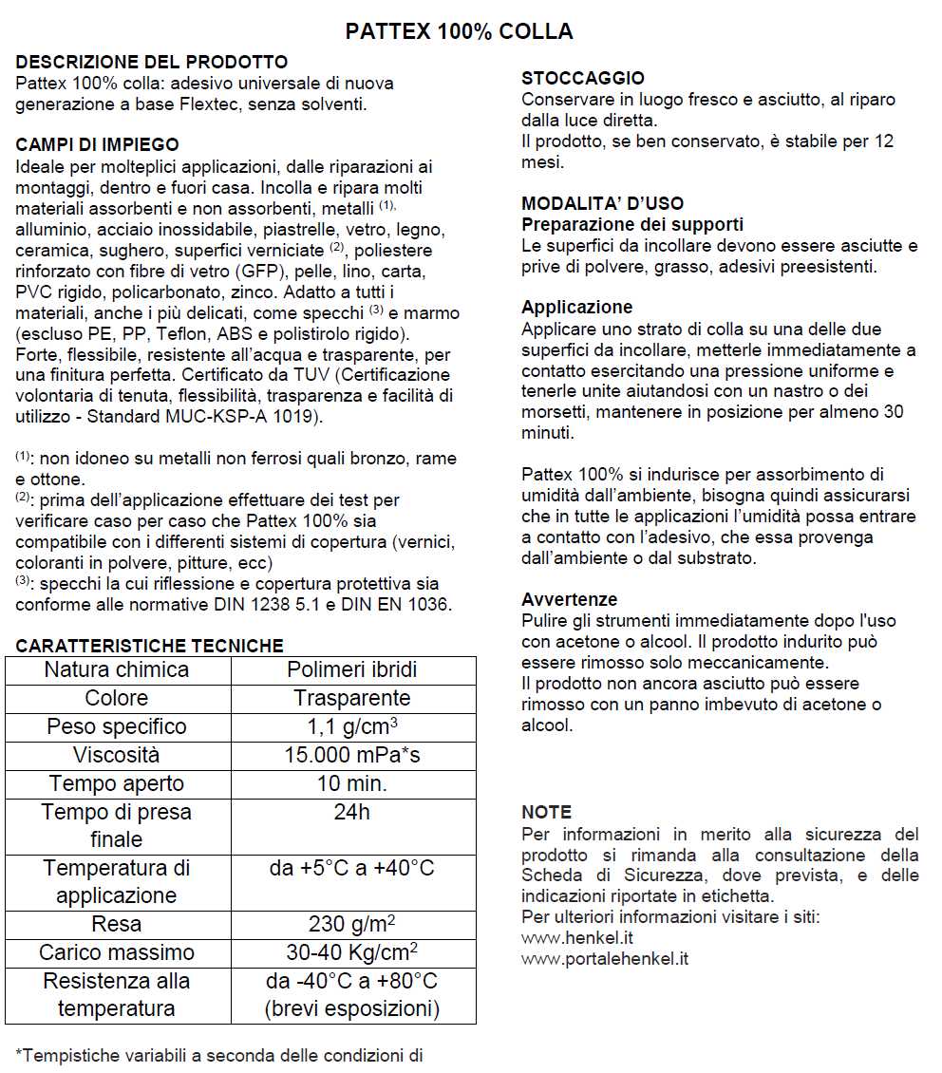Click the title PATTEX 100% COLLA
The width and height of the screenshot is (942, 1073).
pos(459,31)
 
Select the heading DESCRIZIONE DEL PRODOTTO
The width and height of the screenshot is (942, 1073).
pos(152,63)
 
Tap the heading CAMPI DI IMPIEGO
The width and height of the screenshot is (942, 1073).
pos(97,145)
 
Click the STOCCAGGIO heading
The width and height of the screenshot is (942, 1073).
pos(582,79)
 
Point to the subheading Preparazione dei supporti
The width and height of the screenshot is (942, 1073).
pos(632,225)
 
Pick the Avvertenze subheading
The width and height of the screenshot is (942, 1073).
pos(569,599)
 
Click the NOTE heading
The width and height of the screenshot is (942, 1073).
pos(546,812)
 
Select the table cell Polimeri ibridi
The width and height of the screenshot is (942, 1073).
pos(351,669)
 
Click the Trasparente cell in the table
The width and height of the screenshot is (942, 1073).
pos(351,698)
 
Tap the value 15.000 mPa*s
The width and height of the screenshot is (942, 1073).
pos(351,755)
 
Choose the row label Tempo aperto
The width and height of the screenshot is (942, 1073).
pos(117,783)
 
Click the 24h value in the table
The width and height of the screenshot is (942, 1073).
pos(351,813)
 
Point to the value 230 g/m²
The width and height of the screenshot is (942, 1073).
pos(351,924)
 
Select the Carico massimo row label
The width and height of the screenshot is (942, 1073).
pos(117,952)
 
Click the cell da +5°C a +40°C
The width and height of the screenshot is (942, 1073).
pos(351,868)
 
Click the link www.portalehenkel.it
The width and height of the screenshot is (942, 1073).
pos(605,959)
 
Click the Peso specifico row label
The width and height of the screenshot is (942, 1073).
pos(117,726)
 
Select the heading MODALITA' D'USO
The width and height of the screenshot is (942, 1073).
pos(602,204)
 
